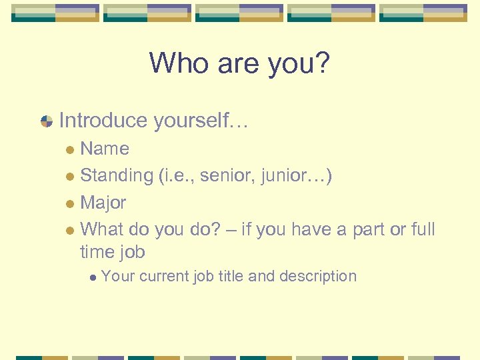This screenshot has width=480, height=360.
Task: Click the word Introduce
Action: pyautogui.click(x=103, y=121)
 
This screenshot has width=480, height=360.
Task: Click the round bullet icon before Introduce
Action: pyautogui.click(x=47, y=121)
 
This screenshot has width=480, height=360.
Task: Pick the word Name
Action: pyautogui.click(x=105, y=149)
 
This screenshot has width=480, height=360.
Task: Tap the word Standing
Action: pyautogui.click(x=117, y=175)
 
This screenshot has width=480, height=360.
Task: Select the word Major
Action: pyautogui.click(x=103, y=203)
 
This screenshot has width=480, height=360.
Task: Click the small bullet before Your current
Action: pyautogui.click(x=95, y=277)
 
